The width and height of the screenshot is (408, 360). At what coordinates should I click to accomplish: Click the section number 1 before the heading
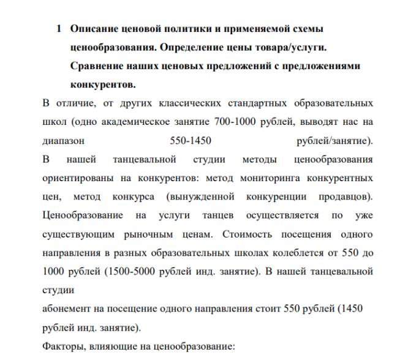pos(59,29)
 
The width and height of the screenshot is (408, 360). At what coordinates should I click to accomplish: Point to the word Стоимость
pos(246,234)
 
